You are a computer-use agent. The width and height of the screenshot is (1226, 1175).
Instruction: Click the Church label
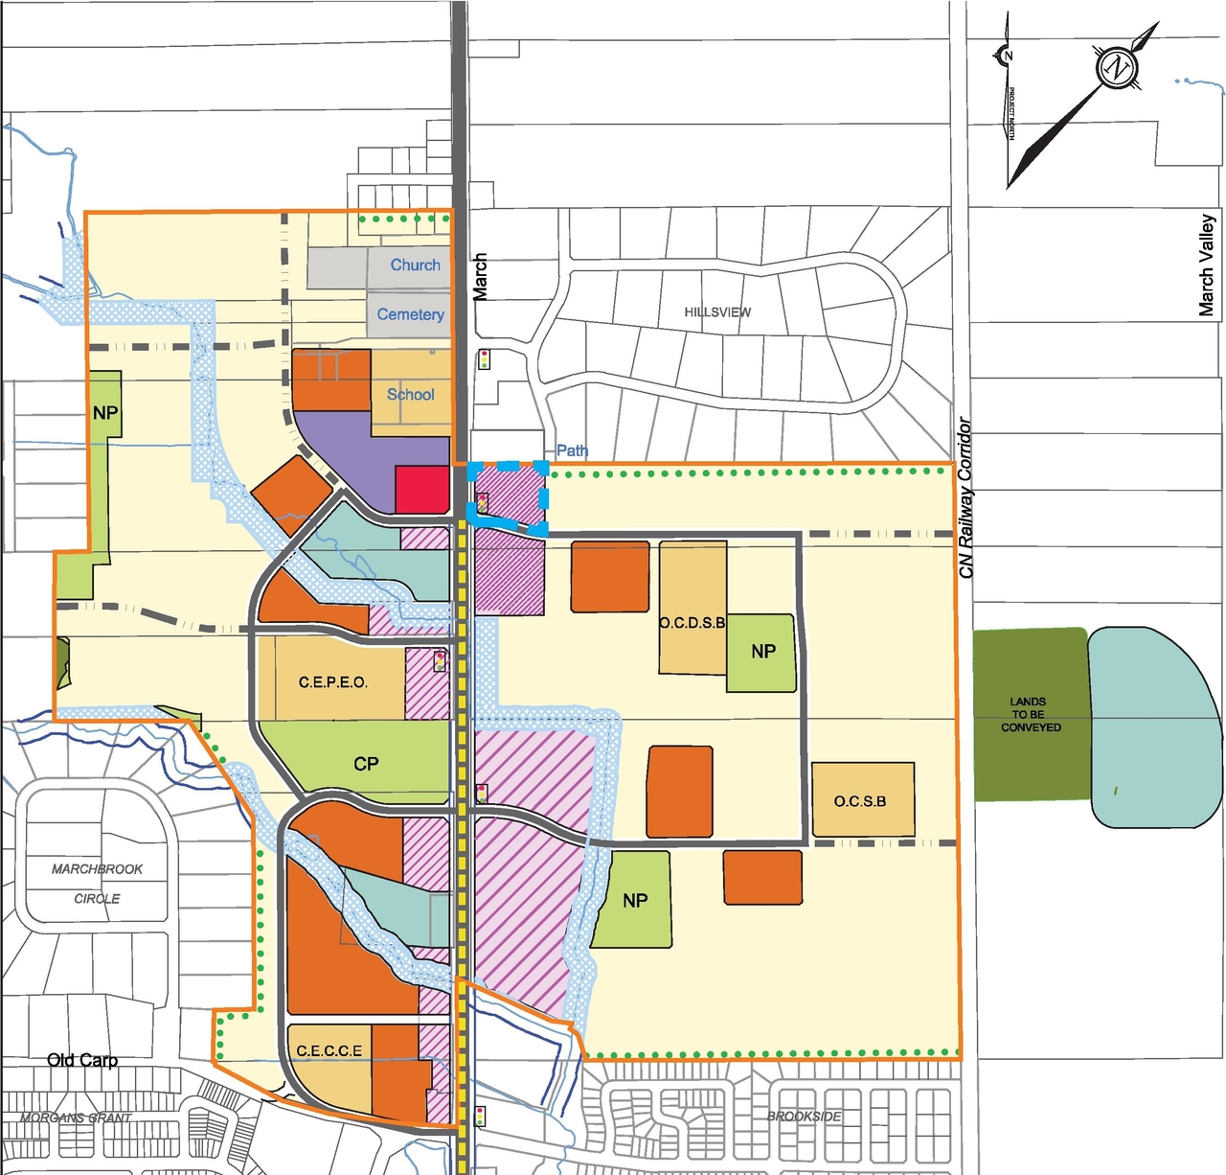tap(415, 265)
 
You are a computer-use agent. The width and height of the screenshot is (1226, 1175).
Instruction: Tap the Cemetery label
tap(410, 314)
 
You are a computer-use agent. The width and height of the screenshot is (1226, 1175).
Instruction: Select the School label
tap(410, 394)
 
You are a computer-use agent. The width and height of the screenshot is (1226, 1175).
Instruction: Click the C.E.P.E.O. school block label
tap(332, 682)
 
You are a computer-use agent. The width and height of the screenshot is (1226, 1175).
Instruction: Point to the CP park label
tap(366, 764)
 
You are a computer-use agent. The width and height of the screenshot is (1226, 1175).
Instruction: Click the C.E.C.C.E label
tap(329, 1051)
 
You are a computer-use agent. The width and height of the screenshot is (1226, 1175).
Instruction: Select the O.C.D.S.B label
tap(692, 623)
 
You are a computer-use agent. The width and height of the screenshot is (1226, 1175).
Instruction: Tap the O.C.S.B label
tap(860, 801)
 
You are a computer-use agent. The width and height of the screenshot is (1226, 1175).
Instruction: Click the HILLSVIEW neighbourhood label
tap(717, 312)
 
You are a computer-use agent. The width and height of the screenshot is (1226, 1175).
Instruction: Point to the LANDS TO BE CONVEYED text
tap(1031, 714)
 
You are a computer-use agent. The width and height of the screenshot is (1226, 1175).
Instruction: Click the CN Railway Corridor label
tap(965, 498)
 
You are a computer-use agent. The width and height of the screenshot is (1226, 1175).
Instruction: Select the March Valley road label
tap(1207, 265)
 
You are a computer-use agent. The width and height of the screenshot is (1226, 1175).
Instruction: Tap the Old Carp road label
tap(82, 1060)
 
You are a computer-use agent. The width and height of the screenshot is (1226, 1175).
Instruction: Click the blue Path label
tap(572, 450)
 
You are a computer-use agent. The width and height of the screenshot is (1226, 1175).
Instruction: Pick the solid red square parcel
tap(421, 490)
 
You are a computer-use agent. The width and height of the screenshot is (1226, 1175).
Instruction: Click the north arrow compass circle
tap(1116, 68)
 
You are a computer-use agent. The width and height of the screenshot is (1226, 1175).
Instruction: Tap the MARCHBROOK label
tap(97, 869)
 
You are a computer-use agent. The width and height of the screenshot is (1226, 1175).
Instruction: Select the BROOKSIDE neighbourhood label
tap(805, 1117)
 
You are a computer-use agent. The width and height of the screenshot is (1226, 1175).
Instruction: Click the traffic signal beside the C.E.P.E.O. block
tap(440, 660)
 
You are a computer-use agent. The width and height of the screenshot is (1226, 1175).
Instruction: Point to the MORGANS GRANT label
tap(77, 1118)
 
